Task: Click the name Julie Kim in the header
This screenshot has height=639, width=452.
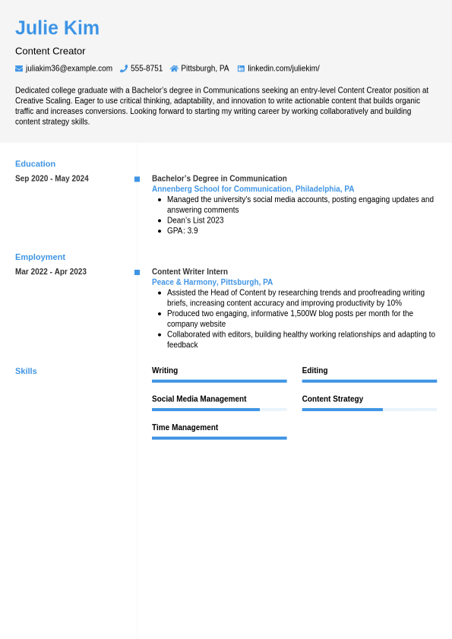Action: (x=57, y=28)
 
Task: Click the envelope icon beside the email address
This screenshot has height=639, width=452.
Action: (x=19, y=68)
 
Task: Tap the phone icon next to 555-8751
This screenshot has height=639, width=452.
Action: (x=124, y=68)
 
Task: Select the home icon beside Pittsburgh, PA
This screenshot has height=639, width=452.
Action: (x=174, y=68)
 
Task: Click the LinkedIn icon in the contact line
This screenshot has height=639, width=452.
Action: (x=241, y=68)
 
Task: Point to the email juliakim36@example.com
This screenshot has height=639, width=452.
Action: (x=69, y=68)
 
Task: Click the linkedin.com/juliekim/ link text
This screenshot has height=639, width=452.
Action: (x=283, y=68)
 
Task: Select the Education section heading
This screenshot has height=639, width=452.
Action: (x=35, y=163)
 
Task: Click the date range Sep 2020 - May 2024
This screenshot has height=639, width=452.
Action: (x=52, y=179)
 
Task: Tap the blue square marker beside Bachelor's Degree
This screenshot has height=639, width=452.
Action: (x=137, y=179)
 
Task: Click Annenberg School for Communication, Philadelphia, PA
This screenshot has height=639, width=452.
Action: (x=253, y=189)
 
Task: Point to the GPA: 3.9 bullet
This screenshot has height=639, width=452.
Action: (x=182, y=231)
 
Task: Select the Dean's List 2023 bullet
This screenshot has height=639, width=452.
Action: (x=195, y=220)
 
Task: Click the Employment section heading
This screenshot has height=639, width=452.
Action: (x=40, y=257)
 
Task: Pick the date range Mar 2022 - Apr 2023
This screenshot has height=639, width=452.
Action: (x=51, y=272)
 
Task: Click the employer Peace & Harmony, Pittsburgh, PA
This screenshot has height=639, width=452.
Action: (x=212, y=283)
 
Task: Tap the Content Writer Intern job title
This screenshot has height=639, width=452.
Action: (x=190, y=272)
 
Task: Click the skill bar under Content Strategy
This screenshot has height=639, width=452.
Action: (x=369, y=410)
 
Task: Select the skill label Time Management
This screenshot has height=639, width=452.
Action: (x=185, y=428)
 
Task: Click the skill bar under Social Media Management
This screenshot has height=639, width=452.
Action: (x=219, y=410)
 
